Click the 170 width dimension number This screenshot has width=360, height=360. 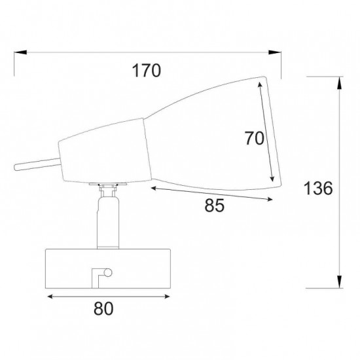[147, 71]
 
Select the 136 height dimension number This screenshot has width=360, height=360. [318, 188]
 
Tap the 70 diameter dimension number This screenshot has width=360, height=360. [254, 138]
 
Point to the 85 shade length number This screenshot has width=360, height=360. [214, 206]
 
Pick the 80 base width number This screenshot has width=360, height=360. [103, 308]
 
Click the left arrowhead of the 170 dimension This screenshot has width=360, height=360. [20, 52]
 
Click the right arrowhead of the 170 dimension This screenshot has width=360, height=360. [275, 52]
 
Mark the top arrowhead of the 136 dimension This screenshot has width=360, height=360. [339, 83]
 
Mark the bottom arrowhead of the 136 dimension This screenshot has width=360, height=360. [339, 281]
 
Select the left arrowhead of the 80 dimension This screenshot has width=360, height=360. [50, 297]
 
